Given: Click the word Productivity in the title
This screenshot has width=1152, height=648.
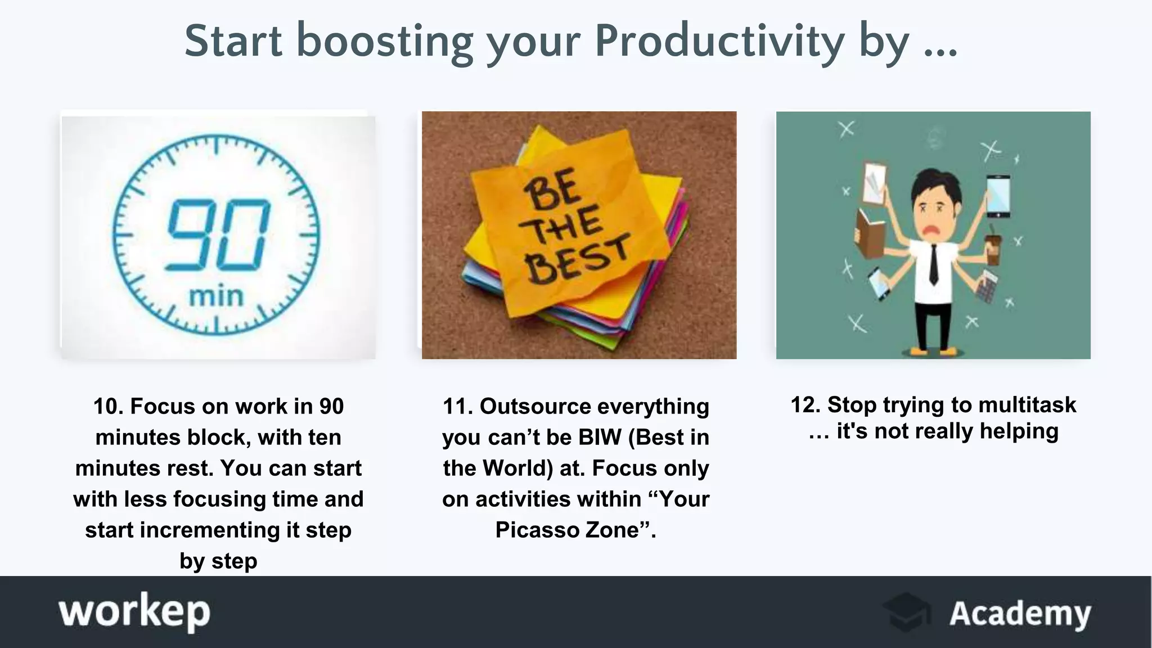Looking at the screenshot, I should pyautogui.click(x=719, y=42).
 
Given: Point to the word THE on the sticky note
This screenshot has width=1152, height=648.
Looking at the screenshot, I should pyautogui.click(x=560, y=225).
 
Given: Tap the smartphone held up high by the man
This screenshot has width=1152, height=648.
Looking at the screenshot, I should pyautogui.click(x=998, y=196).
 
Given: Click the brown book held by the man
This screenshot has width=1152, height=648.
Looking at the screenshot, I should pyautogui.click(x=870, y=233).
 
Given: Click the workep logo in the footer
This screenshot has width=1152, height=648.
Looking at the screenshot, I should pyautogui.click(x=134, y=611).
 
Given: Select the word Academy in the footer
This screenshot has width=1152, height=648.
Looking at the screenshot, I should pyautogui.click(x=1020, y=613).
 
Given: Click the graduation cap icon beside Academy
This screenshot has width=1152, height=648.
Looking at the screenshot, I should pyautogui.click(x=907, y=612).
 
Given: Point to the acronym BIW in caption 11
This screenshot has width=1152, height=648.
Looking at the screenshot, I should pyautogui.click(x=600, y=437).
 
